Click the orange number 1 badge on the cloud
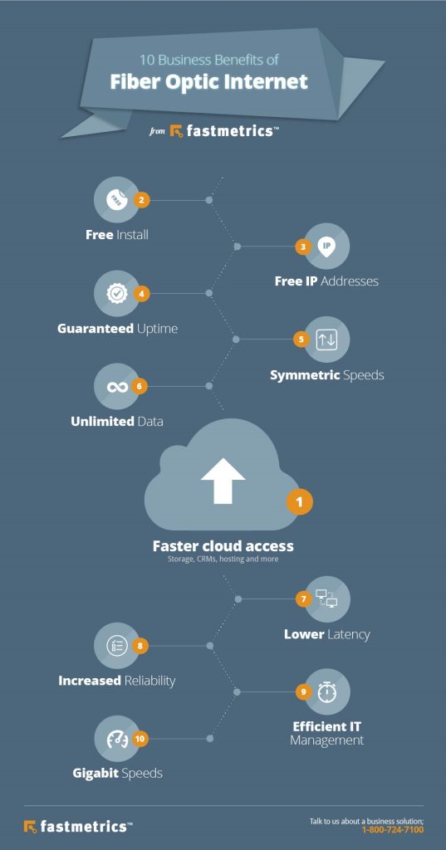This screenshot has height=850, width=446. click(300, 502)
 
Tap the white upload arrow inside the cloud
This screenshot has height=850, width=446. click(223, 481)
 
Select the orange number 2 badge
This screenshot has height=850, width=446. click(142, 199)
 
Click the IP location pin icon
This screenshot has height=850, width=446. click(326, 246)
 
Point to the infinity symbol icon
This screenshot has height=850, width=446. click(117, 386)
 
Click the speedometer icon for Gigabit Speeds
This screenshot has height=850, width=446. click(117, 737)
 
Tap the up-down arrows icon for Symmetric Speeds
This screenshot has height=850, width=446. click(326, 339)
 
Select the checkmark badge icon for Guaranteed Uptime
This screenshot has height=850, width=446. click(117, 293)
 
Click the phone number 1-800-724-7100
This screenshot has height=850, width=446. click(392, 829)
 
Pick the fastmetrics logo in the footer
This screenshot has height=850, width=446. click(77, 826)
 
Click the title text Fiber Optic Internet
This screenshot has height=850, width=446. click(209, 81)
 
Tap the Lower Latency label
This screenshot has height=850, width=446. click(326, 634)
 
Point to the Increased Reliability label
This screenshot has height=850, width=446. click(117, 681)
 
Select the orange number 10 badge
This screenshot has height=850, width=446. click(141, 737)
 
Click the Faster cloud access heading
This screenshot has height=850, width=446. click(223, 546)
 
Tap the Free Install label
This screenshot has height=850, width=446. click(117, 235)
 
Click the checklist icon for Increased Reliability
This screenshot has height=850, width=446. click(117, 645)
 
